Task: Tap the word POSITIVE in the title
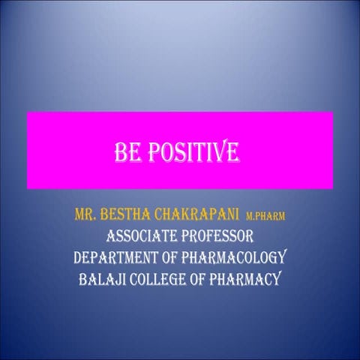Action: tap(190, 153)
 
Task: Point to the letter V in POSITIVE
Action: tap(217, 153)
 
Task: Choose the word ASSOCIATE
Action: tap(140, 238)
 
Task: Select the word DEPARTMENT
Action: tap(112, 259)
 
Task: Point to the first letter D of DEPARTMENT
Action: tap(78, 259)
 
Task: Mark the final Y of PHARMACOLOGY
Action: tap(283, 259)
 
